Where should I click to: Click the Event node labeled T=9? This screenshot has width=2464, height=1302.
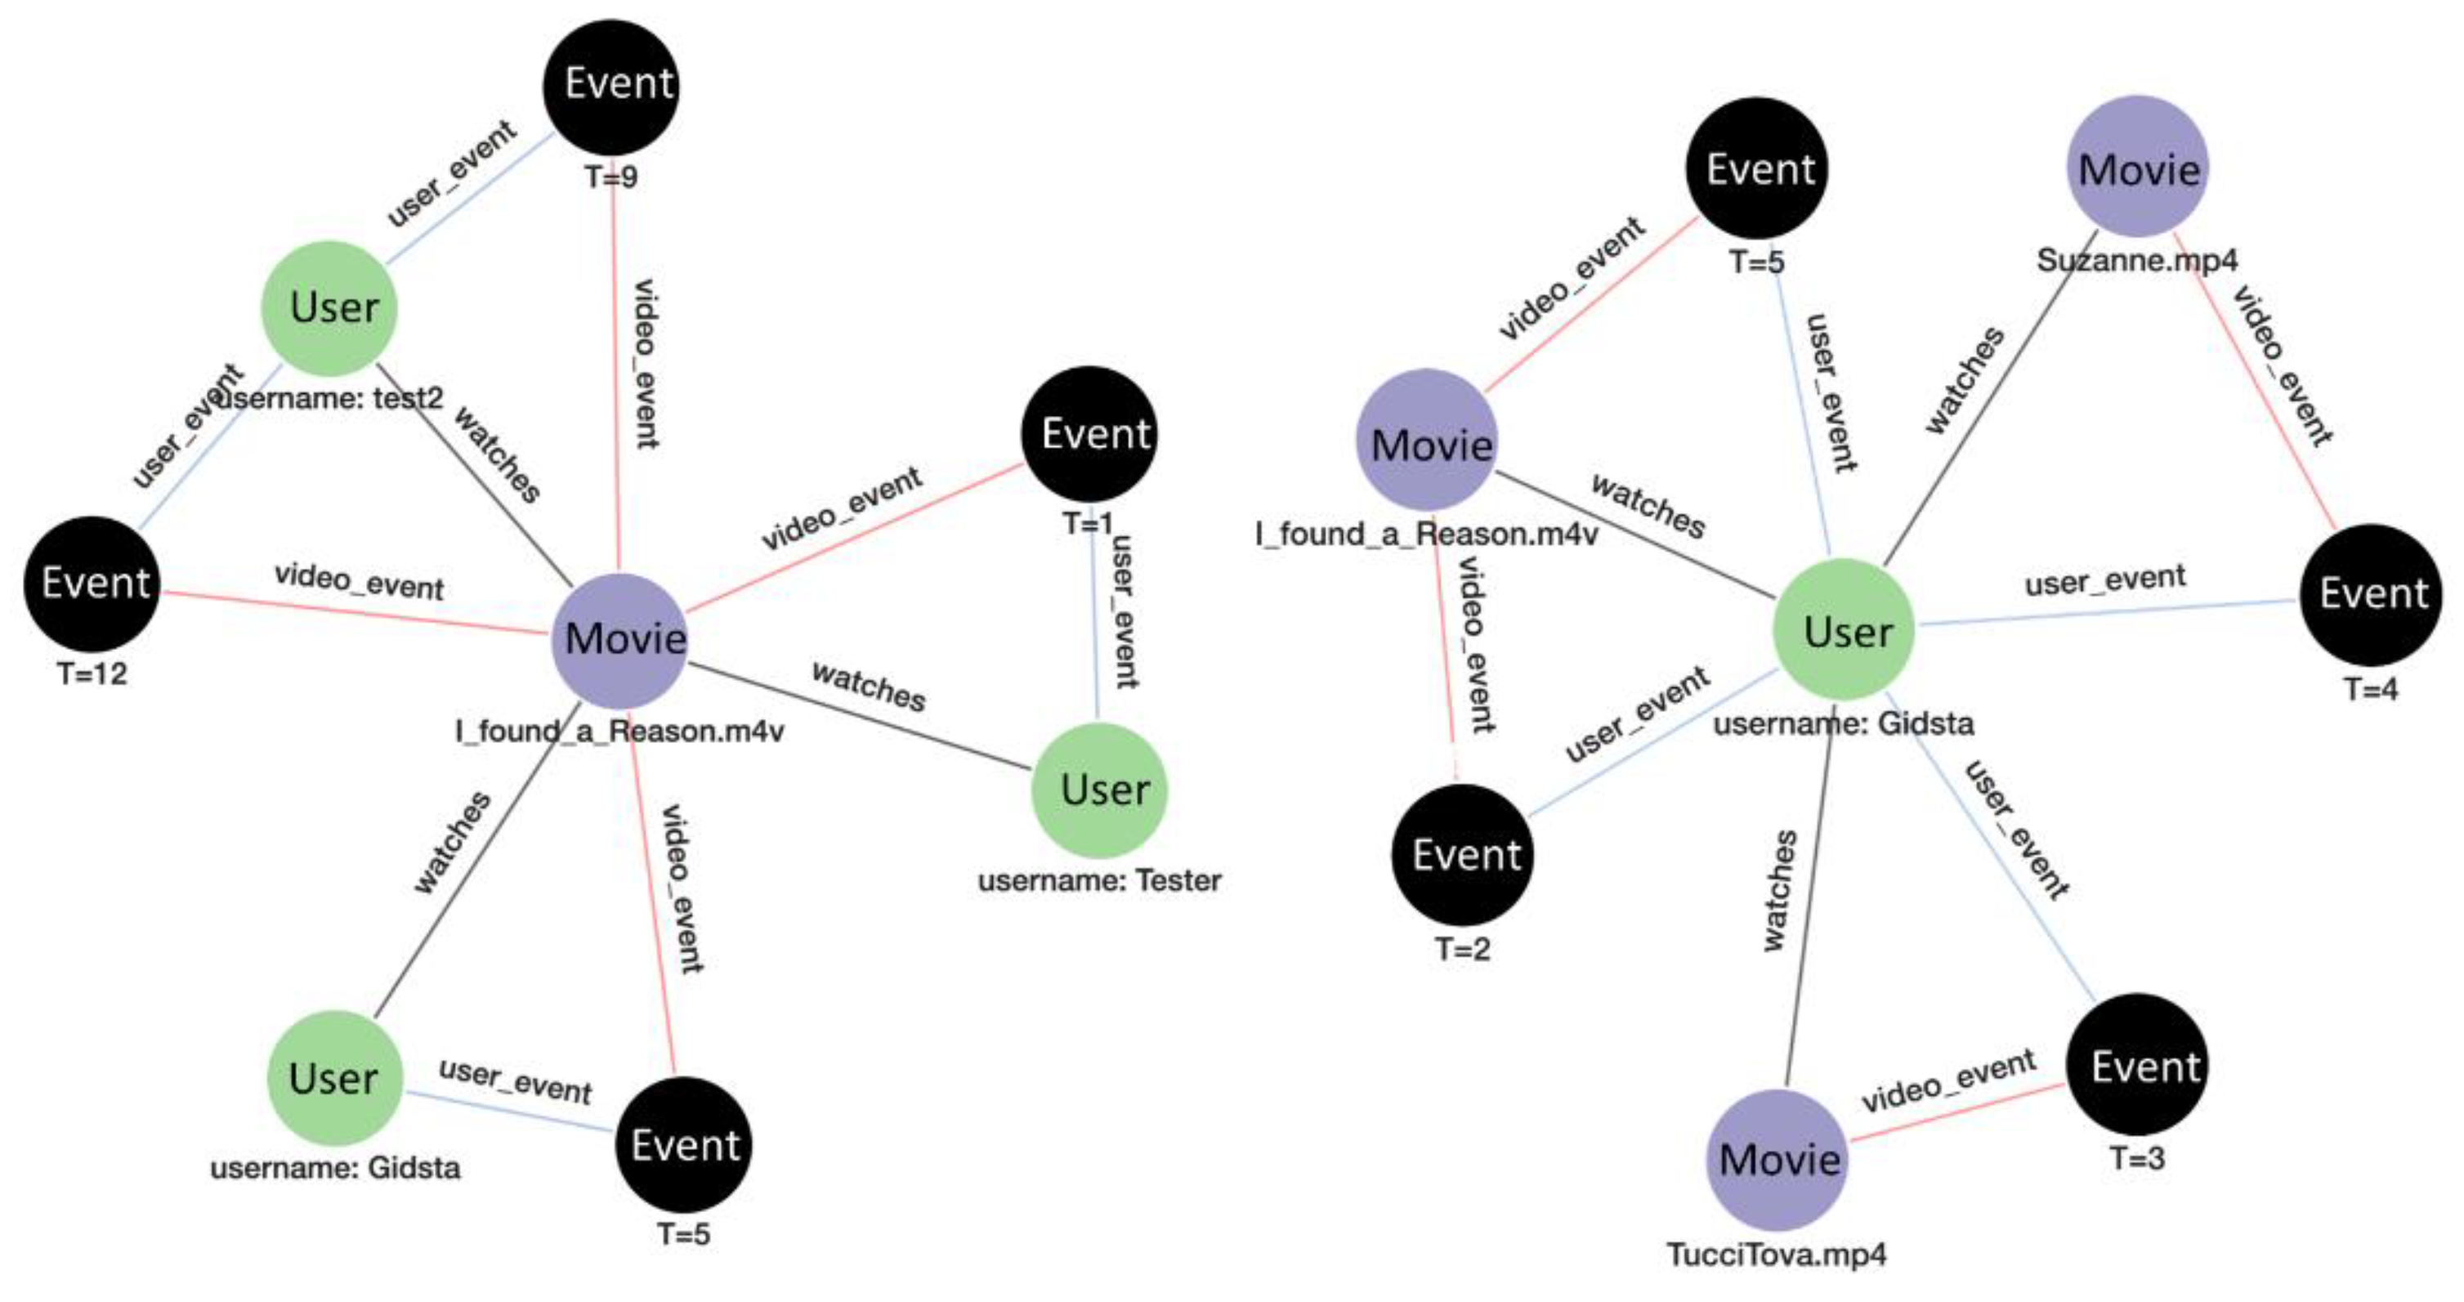tap(612, 86)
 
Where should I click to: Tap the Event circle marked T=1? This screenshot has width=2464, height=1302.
tap(1089, 434)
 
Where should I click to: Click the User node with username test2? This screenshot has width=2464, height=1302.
tap(330, 308)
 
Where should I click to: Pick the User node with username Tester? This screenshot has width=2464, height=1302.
tap(1100, 790)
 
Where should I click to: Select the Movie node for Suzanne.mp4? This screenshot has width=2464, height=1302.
tap(2138, 168)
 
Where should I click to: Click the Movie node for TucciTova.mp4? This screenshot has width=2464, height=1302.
tap(1778, 1160)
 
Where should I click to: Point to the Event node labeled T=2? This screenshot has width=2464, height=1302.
tap(1461, 854)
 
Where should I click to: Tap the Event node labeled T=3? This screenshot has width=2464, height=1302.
tap(2138, 1066)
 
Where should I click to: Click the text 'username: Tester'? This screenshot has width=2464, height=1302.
tap(1099, 881)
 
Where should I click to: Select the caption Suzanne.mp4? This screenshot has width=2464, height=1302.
tap(2137, 260)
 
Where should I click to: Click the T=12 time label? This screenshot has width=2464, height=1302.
tap(92, 674)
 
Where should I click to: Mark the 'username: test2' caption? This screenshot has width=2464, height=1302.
tap(330, 398)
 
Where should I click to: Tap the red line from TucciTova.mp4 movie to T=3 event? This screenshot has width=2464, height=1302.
tap(1956, 1112)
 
